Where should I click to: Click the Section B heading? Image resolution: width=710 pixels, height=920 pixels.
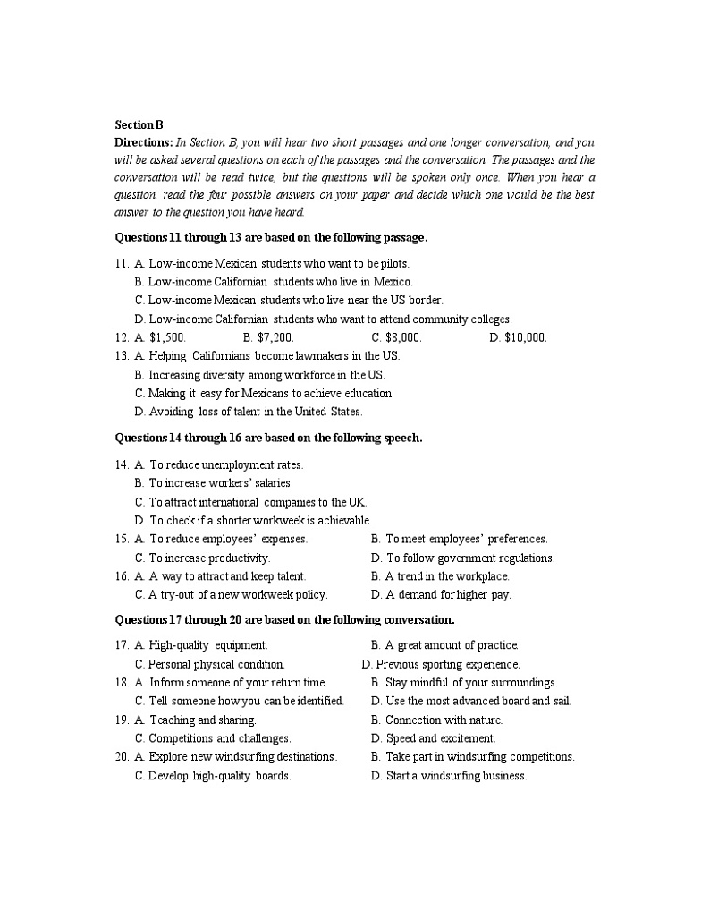coord(139,125)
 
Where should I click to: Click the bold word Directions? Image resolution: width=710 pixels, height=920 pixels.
coord(143,142)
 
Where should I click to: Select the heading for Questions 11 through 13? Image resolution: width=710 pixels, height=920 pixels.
coord(271,237)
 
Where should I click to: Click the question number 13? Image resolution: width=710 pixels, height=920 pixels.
coord(122,356)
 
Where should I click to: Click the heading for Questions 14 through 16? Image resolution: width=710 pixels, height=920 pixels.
coord(268,438)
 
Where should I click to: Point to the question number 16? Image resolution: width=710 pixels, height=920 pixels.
coord(122,576)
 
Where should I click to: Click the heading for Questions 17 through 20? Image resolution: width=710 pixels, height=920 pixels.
coord(284,619)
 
